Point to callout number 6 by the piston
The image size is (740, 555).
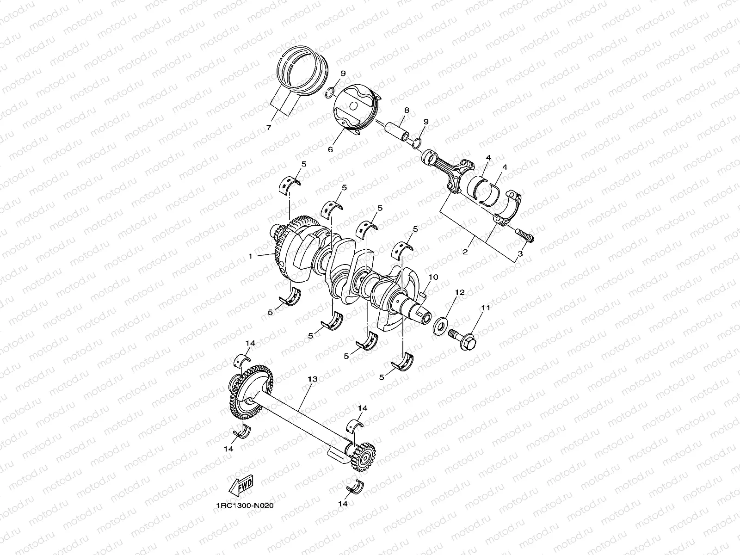pos(331,149)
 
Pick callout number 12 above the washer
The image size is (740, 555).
pos(460,293)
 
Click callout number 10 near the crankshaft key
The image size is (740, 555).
pos(433,277)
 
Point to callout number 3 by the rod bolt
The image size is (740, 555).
pos(520,254)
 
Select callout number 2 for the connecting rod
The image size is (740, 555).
pos(465,252)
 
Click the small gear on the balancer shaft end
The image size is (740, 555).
pos(365,458)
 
